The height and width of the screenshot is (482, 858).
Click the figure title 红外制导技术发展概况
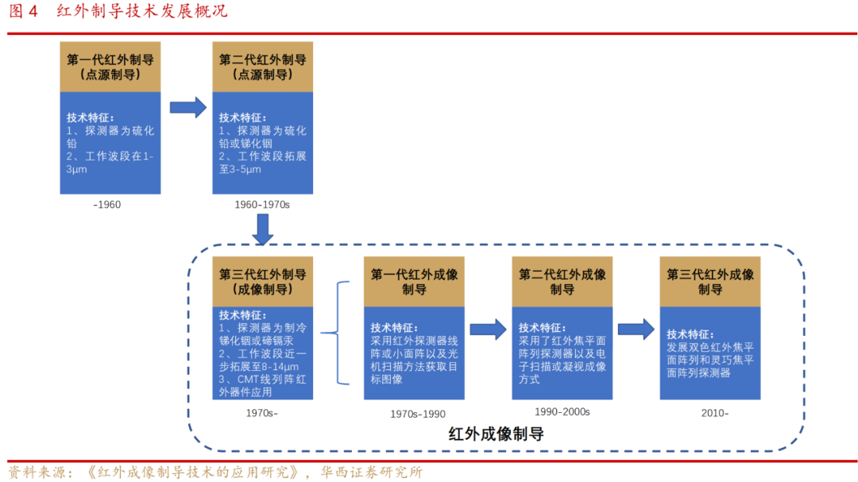point(142,11)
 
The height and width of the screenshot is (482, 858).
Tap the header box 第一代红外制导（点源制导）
point(110,67)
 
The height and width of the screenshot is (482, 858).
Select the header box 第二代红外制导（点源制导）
point(263,67)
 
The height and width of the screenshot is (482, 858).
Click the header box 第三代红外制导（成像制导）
point(263,281)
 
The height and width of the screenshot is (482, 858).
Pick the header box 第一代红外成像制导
point(414,281)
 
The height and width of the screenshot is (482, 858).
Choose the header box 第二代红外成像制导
point(562,281)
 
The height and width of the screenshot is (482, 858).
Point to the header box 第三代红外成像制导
point(710,281)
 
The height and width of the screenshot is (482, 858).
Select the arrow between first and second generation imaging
point(488,329)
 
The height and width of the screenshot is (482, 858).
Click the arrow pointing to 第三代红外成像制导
point(636,329)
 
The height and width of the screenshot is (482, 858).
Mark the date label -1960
point(106,205)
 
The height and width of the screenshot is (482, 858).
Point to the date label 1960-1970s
point(262,205)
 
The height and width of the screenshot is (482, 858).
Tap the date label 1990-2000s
point(562,411)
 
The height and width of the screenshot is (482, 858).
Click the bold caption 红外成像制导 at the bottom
point(497,434)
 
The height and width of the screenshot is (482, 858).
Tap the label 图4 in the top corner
point(24,11)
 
